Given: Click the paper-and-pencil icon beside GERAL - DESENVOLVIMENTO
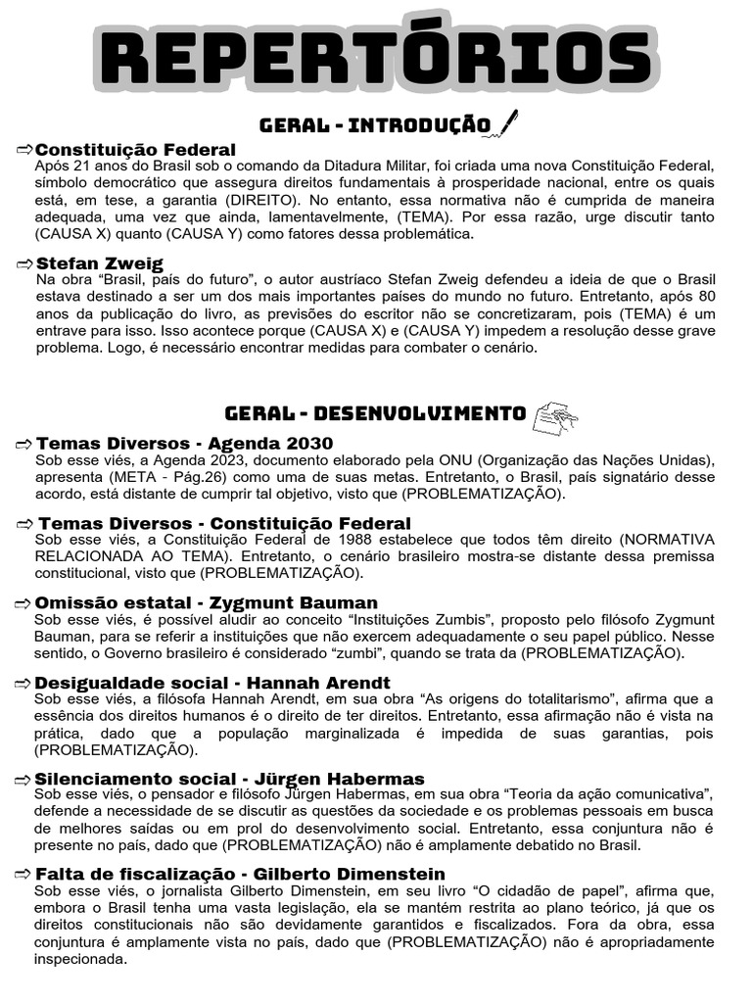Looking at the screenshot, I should [555, 415].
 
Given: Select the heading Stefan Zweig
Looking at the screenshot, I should [100, 263].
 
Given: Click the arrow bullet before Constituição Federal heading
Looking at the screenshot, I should [24, 150].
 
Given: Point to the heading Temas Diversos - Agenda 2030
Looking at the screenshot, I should [184, 444].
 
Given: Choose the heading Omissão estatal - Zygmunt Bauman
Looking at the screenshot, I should [206, 602].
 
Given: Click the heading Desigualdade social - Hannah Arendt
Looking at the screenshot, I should [212, 683].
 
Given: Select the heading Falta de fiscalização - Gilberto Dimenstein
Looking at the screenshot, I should [240, 874].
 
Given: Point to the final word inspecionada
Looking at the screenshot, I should [80, 959].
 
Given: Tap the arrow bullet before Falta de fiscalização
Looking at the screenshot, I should [24, 874].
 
